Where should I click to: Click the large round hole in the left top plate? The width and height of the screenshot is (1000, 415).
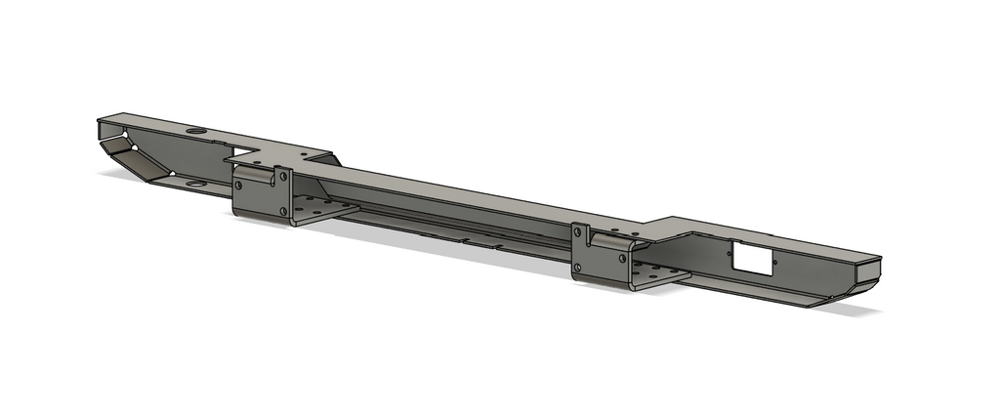195,131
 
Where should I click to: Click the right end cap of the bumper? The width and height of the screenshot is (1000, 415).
869,273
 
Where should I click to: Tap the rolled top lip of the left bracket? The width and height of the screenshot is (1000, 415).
256,174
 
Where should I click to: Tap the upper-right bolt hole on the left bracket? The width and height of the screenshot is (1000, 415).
284,177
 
